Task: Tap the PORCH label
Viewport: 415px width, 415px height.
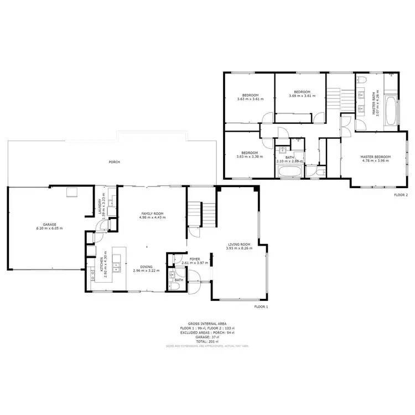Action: [x=115, y=162]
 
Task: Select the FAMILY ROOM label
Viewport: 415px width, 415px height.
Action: [x=153, y=214]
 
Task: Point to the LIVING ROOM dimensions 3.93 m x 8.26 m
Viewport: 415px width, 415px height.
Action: [x=239, y=248]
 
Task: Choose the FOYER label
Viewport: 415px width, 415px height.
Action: [x=195, y=259]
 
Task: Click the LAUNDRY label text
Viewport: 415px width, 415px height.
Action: [x=100, y=206]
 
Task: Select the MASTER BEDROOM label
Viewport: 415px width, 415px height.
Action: [x=376, y=157]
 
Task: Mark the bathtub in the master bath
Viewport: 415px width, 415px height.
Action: [x=390, y=111]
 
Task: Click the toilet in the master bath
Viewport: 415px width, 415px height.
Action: [x=392, y=74]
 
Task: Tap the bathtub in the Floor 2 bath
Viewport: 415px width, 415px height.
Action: [x=289, y=172]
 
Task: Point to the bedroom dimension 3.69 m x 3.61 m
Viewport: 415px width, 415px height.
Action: [x=302, y=96]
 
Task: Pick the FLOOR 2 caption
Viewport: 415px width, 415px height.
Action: [x=401, y=195]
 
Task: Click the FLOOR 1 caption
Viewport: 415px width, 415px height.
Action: [x=261, y=306]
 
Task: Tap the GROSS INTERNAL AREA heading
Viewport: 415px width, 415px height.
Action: [x=207, y=323]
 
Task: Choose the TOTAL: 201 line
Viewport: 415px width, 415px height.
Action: [x=207, y=341]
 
